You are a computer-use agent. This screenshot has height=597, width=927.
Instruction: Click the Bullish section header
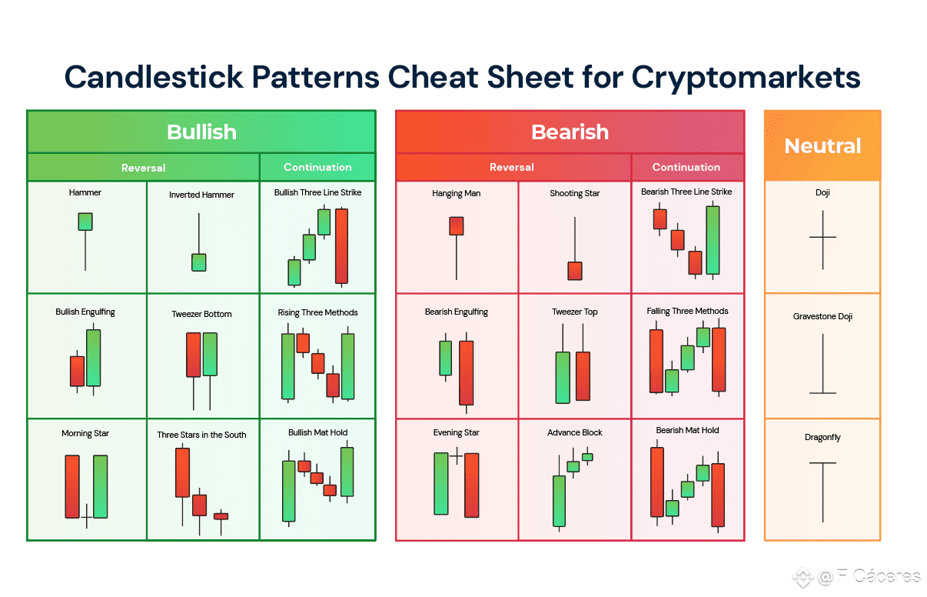pos(201,132)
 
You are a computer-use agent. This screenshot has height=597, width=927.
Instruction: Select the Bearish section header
pos(570,132)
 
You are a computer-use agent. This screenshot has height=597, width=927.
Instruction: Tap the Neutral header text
pos(822,146)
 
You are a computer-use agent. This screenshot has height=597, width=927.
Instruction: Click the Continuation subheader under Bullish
pos(317,167)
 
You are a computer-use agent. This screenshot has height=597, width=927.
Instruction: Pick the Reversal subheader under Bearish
pos(511,167)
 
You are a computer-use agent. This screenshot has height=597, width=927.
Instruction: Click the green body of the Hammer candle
pos(85,222)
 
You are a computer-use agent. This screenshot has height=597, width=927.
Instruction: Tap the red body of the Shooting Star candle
pos(575,271)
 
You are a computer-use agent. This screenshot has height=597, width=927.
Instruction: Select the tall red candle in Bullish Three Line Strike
pos(341,246)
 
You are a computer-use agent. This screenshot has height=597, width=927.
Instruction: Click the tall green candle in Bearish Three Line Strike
pos(713,240)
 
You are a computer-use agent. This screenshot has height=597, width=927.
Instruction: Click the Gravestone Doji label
pos(822,316)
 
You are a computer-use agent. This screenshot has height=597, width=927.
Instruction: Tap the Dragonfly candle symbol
pos(822,492)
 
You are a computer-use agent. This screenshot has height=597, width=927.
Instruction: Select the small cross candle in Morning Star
pos(87,516)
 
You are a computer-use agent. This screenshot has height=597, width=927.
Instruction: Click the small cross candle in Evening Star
pos(457,456)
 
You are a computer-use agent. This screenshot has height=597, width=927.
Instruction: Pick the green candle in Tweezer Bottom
pos(211,371)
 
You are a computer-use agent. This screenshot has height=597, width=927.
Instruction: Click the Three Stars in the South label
pos(201,435)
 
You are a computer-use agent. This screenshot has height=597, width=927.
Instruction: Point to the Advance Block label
pos(575,432)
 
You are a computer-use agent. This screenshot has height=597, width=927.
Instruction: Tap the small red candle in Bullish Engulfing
pos(77,372)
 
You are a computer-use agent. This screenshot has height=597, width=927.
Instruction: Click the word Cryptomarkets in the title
pos(746,77)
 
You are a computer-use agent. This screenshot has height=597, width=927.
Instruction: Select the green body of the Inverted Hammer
pos(199,262)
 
